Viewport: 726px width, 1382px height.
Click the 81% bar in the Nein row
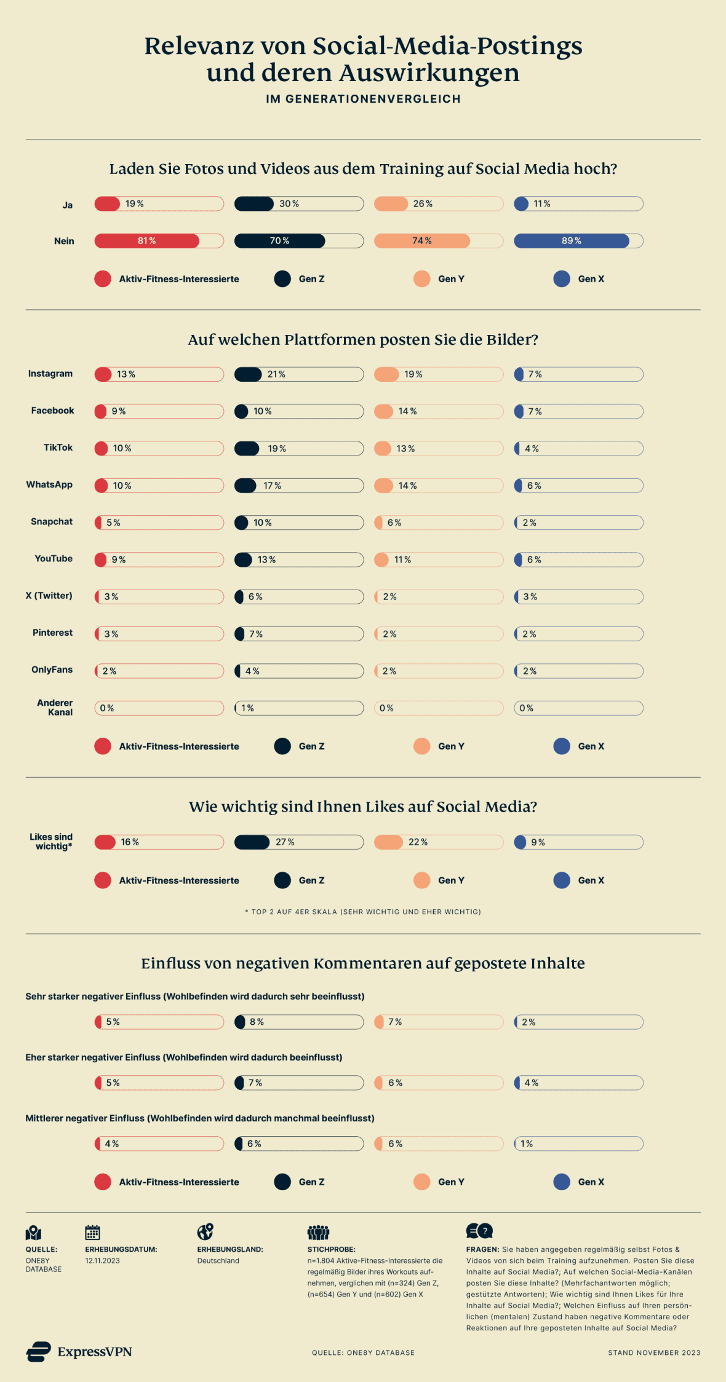point(147,241)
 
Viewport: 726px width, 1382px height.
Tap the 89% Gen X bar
point(571,241)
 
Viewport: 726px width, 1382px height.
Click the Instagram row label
point(50,374)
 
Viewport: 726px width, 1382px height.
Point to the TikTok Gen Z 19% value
point(277,449)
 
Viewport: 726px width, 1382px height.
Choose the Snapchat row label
point(52,522)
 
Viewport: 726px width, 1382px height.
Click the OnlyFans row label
point(52,670)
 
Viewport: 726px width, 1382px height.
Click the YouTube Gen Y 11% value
point(402,560)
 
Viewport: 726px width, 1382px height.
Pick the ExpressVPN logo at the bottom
point(79,1352)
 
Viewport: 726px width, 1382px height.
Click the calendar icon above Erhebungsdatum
point(92,1233)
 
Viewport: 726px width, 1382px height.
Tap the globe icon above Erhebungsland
point(205,1232)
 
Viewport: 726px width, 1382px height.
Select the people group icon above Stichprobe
point(318,1232)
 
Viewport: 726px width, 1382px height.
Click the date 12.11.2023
point(103,1261)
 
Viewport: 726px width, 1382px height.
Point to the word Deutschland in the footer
point(218,1261)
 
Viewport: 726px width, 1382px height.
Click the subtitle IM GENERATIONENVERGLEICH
point(363,99)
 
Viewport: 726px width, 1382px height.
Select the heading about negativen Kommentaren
point(363,963)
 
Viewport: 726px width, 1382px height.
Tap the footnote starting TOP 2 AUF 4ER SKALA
point(363,912)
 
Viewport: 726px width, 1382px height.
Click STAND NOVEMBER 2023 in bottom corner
point(653,1352)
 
